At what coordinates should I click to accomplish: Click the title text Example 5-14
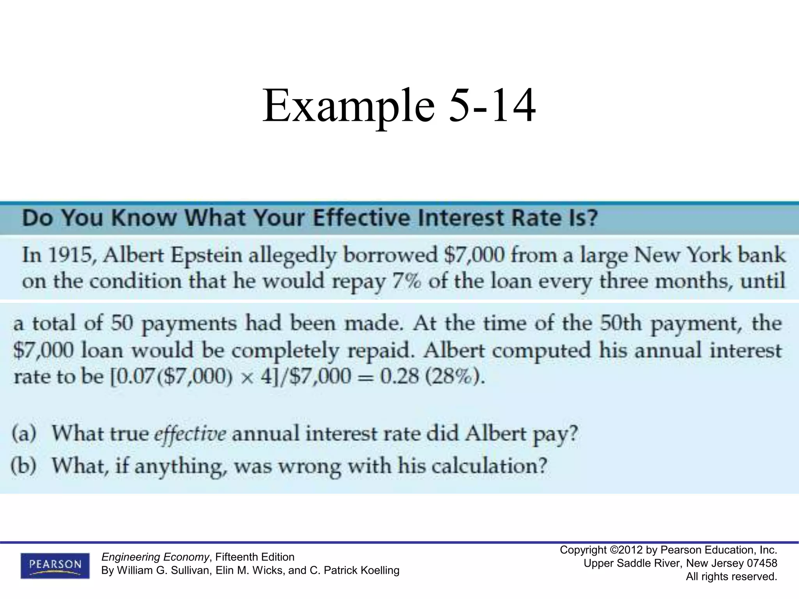pos(399,106)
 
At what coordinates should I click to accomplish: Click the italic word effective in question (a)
pos(190,434)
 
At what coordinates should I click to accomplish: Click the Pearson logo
pos(55,565)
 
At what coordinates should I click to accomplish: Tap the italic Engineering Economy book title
pos(155,557)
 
